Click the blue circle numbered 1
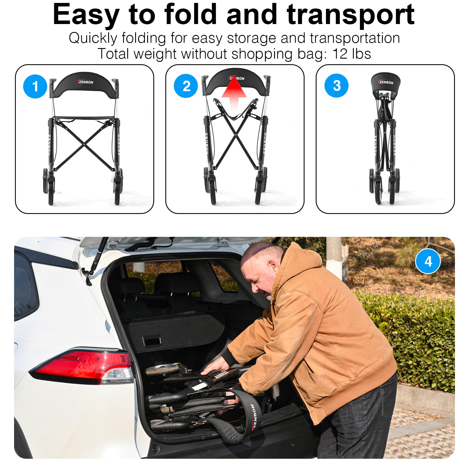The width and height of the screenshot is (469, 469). coord(35,86)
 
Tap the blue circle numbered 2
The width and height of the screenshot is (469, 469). coord(186,86)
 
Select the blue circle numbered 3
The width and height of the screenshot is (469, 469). coord(337,86)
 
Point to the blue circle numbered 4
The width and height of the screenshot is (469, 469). coord(428,261)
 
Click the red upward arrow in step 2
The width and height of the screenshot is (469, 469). coord(234,94)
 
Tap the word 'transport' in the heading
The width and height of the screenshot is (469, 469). coord(351,15)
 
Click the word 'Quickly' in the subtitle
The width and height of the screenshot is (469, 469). coord(93,38)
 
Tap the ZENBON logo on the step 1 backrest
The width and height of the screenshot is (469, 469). coord(86,82)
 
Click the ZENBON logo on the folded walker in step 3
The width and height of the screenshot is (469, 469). coord(386,82)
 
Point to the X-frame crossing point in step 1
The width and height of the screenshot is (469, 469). coord(84,144)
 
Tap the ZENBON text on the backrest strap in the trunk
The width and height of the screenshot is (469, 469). coord(253,416)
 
